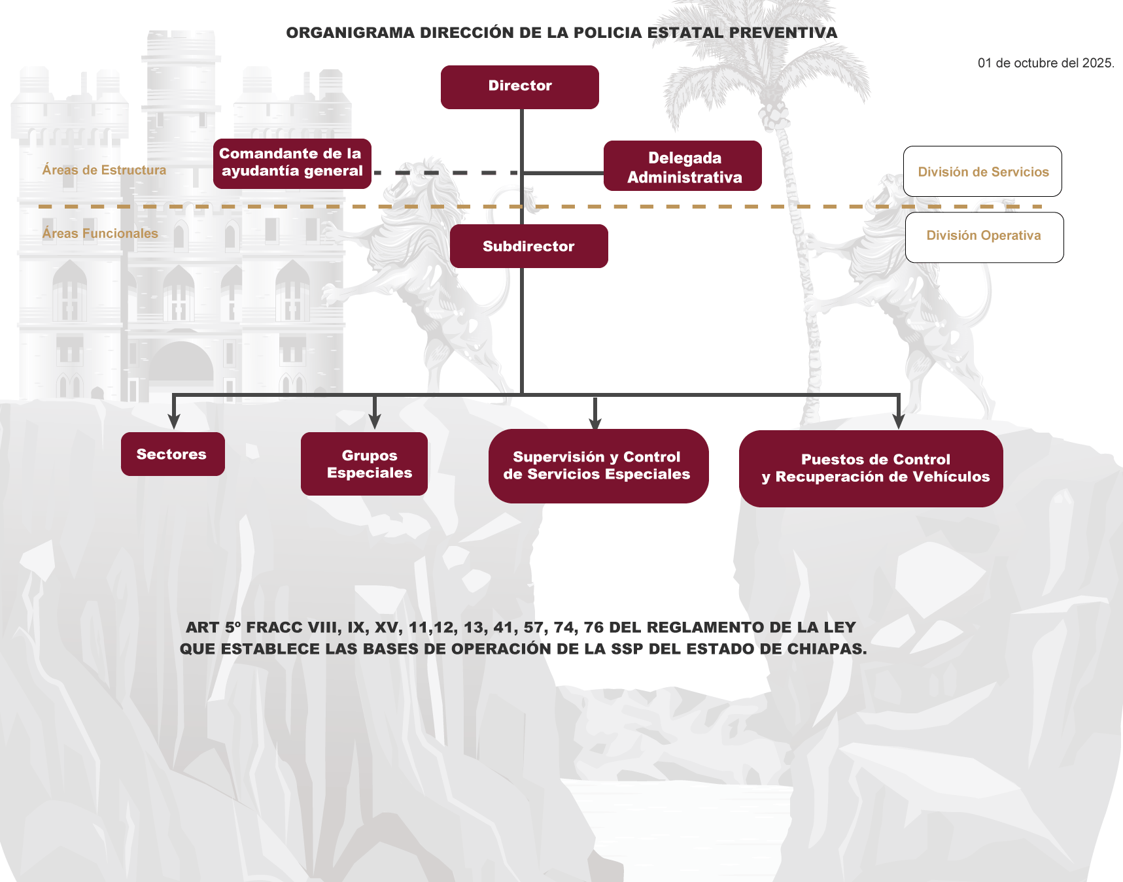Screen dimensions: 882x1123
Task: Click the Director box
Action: click(x=519, y=87)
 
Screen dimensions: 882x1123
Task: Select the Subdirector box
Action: click(x=528, y=246)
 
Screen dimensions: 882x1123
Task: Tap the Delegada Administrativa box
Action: click(x=682, y=166)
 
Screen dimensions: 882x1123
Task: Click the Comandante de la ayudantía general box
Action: click(x=292, y=163)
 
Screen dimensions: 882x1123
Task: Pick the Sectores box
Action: click(x=173, y=454)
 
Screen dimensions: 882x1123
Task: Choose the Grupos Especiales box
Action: click(x=364, y=464)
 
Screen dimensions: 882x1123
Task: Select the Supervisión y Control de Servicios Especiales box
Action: click(x=598, y=466)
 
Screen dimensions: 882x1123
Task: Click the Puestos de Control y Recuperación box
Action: click(x=871, y=468)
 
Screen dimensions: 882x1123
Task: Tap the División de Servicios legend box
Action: click(x=982, y=171)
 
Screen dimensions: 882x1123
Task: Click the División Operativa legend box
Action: click(x=984, y=237)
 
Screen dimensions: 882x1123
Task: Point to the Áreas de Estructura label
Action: click(x=104, y=170)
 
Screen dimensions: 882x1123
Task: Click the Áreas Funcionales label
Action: click(x=100, y=233)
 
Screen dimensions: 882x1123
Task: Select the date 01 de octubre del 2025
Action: click(x=1045, y=63)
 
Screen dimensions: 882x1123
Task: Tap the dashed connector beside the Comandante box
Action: click(x=445, y=173)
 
